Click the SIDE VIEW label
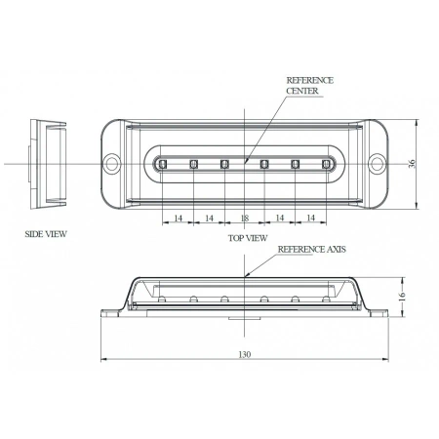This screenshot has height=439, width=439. coord(46,235)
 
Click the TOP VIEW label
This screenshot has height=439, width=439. coord(248,237)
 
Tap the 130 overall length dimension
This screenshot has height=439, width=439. coord(245,354)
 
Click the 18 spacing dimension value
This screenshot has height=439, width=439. coord(245,218)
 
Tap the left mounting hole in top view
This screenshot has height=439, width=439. coord(114,163)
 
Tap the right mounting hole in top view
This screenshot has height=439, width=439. coord(375,163)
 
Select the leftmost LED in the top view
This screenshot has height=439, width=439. coord(163,163)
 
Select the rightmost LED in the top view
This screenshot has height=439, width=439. coord(325,163)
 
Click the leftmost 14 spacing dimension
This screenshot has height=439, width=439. coord(178,218)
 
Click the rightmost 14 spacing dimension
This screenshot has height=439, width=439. coord(311,218)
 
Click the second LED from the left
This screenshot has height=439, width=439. coord(193,163)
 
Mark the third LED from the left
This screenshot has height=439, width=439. coord(224,163)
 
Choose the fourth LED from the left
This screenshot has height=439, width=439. coord(263,163)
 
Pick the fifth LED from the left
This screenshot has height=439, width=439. coord(295,163)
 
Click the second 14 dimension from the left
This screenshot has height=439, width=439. coord(209,218)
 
